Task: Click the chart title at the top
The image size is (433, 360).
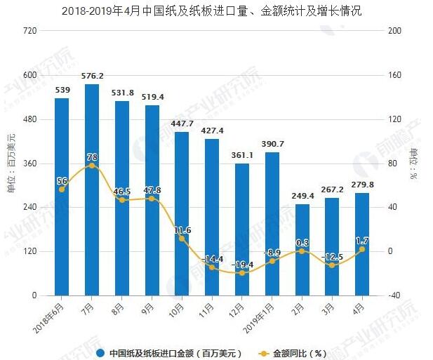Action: (217, 11)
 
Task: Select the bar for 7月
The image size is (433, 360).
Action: (92, 189)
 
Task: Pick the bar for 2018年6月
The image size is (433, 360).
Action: (62, 196)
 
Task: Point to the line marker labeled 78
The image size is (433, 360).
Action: (92, 166)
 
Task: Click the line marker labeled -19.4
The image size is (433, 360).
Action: (242, 273)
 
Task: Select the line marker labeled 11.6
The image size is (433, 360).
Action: (182, 239)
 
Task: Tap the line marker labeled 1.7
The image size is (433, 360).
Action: (362, 249)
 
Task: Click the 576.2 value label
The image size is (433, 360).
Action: (92, 76)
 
